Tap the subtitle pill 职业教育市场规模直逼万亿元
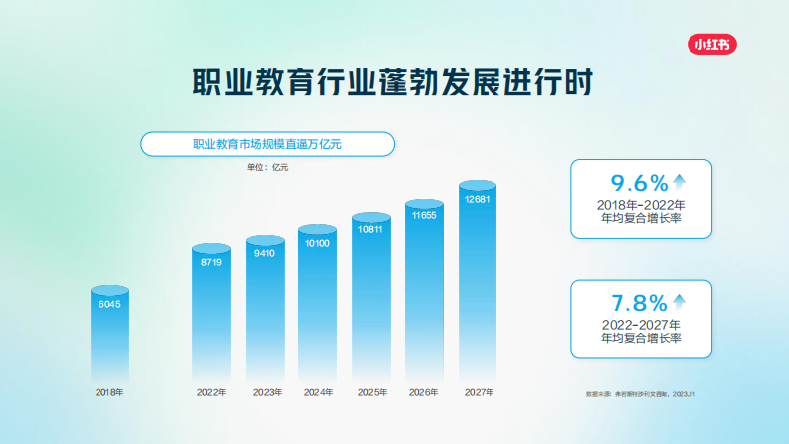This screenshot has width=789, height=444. [x=267, y=145]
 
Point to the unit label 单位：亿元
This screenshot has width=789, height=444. [x=268, y=167]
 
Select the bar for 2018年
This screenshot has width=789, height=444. [x=109, y=333]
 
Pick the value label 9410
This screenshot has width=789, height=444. [x=264, y=254]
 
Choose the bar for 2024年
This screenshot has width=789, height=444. [x=317, y=309]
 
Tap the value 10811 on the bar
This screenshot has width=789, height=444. [x=371, y=229]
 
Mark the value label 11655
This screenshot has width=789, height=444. [x=424, y=215]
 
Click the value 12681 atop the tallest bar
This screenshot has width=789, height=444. [x=478, y=199]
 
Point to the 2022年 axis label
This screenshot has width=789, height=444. [x=211, y=393]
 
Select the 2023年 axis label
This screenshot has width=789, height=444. [x=265, y=393]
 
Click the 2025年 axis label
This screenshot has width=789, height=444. [x=371, y=393]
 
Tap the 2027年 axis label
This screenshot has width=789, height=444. [x=478, y=393]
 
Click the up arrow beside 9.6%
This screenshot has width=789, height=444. [x=679, y=181]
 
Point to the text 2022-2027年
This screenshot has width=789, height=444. [x=641, y=325]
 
